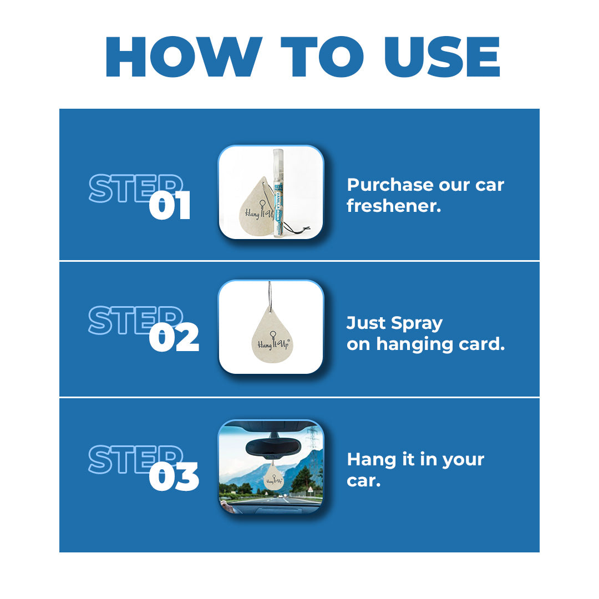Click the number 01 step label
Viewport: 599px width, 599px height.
[170, 206]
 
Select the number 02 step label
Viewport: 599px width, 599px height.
[174, 338]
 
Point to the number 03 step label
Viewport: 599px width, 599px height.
[174, 477]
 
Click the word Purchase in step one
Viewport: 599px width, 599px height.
[389, 185]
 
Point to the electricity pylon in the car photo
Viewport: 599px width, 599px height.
[313, 438]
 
